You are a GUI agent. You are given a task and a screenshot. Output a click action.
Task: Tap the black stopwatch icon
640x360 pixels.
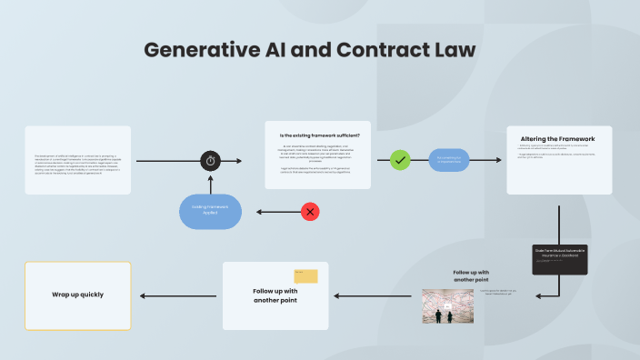click(x=211, y=161)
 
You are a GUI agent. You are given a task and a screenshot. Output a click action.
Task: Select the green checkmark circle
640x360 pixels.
click(x=400, y=160)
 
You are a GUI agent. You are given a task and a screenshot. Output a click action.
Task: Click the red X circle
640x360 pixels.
click(x=310, y=212)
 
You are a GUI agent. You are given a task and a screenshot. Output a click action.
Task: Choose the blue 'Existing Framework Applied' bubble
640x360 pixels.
click(x=210, y=211)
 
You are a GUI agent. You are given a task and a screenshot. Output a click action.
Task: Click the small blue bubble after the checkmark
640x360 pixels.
click(x=448, y=160)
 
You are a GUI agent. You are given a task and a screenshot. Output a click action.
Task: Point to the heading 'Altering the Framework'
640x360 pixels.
click(x=558, y=138)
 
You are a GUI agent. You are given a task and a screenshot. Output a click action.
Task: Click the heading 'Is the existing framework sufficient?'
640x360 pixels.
click(x=318, y=135)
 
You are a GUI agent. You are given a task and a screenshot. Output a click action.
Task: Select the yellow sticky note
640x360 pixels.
click(x=305, y=275)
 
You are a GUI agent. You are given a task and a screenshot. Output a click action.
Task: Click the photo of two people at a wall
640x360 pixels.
click(x=448, y=306)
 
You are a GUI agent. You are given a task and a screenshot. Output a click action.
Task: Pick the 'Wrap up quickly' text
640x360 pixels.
click(x=77, y=295)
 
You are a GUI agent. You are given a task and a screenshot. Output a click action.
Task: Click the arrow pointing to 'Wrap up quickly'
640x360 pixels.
click(x=176, y=295)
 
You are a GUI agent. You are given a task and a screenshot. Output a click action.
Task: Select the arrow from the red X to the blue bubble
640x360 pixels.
click(x=278, y=212)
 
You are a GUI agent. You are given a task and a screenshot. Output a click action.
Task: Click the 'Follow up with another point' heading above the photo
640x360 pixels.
click(x=472, y=275)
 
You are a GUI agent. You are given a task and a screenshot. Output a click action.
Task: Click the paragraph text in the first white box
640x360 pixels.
click(x=78, y=161)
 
